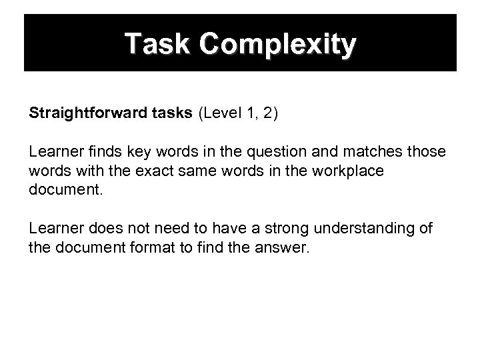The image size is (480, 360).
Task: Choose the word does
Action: [92, 229]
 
